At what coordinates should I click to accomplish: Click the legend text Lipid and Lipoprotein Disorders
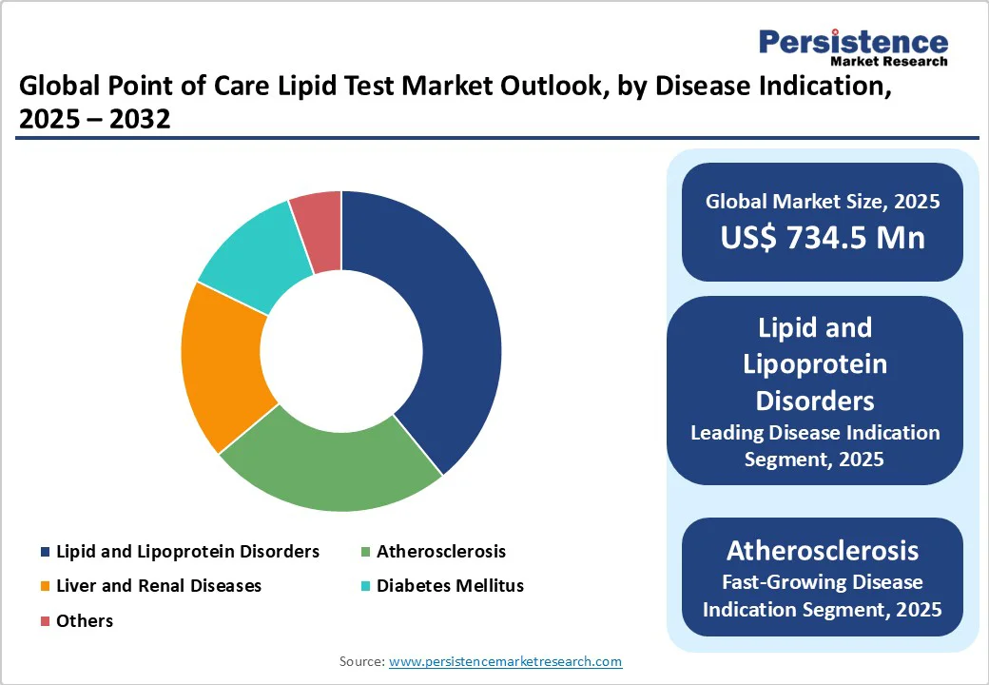[187, 552]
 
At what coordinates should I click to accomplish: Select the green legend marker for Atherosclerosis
[365, 552]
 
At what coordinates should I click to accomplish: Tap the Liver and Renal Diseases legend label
[158, 586]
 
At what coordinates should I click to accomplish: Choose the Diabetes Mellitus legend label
[450, 586]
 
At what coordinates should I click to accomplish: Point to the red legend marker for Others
[45, 621]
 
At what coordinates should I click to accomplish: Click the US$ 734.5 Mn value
[823, 237]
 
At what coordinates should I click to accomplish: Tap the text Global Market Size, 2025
[823, 201]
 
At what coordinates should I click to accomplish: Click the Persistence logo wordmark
[853, 42]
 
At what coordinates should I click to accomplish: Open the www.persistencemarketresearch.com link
[505, 661]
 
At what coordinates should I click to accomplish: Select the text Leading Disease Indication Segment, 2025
[815, 445]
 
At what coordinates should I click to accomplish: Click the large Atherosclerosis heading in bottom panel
[823, 550]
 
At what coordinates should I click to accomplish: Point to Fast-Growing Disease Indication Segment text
[823, 595]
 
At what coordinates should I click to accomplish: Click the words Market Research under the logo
[888, 61]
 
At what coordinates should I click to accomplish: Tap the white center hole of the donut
[341, 351]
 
